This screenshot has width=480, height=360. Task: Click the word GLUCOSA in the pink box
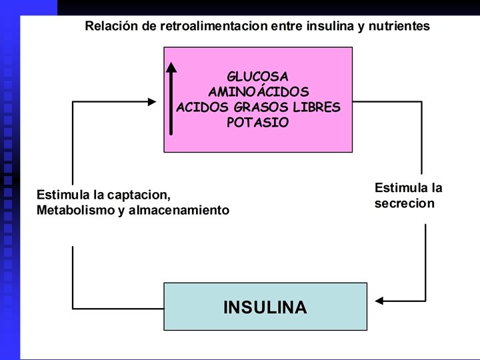[257, 76]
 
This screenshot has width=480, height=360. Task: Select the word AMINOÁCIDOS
[258, 91]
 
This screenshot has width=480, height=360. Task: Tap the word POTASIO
[257, 123]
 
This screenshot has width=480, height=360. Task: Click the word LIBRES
[317, 107]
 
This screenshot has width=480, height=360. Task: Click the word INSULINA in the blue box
[265, 307]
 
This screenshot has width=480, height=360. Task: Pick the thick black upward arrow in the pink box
[171, 97]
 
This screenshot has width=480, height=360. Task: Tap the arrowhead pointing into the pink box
[152, 101]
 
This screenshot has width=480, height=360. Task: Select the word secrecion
[404, 203]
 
